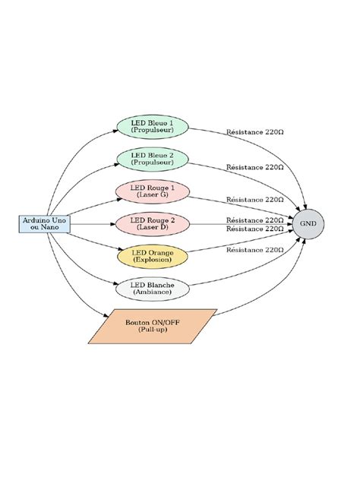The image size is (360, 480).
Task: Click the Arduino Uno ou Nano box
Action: [45, 224]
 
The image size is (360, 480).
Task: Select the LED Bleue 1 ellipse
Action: [153, 127]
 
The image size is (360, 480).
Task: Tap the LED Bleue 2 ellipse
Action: [153, 159]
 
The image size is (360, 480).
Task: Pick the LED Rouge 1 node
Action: [153, 191]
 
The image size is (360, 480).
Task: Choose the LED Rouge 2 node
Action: [153, 224]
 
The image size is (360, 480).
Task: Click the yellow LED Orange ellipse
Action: [153, 257]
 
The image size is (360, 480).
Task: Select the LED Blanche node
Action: [153, 289]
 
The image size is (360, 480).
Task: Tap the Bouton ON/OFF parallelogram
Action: [153, 327]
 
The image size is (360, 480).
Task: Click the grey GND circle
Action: [308, 224]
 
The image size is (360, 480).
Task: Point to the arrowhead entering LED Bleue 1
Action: [115, 131]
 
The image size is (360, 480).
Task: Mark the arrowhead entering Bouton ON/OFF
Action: [106, 315]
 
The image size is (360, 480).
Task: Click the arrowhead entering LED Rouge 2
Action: [112, 224]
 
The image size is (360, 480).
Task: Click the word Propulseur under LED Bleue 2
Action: [152, 163]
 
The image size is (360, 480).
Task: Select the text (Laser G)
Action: [153, 195]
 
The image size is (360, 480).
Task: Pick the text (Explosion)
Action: [153, 260]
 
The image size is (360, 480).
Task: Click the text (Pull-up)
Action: [153, 330]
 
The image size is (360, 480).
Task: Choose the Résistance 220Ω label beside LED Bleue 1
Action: [254, 132]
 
